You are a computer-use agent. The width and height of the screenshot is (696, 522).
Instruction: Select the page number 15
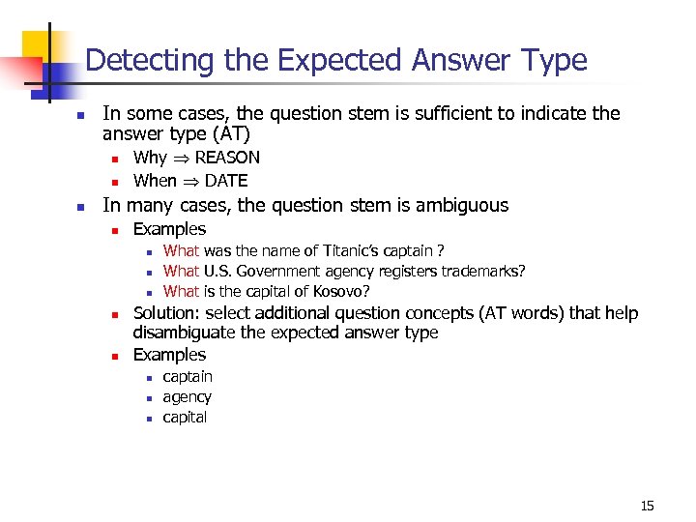[x=647, y=506]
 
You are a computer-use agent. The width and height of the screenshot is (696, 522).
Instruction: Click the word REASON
[x=227, y=158]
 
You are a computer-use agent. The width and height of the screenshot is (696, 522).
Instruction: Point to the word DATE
[x=225, y=181]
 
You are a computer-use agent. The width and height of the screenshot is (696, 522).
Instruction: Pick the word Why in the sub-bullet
[x=150, y=158]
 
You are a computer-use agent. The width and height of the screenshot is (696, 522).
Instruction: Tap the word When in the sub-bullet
[x=155, y=181]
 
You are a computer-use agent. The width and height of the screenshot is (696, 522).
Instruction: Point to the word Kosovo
[x=341, y=291]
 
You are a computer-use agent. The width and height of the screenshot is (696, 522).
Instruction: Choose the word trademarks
[x=483, y=272]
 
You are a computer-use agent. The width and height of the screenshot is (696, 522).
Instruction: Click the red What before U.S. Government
[x=181, y=272]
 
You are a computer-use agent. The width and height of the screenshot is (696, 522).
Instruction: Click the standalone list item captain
[x=188, y=377]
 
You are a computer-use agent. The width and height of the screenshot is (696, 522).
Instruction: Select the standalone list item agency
[x=187, y=397]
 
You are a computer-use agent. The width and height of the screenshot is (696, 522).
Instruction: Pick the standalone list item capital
[x=185, y=418]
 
